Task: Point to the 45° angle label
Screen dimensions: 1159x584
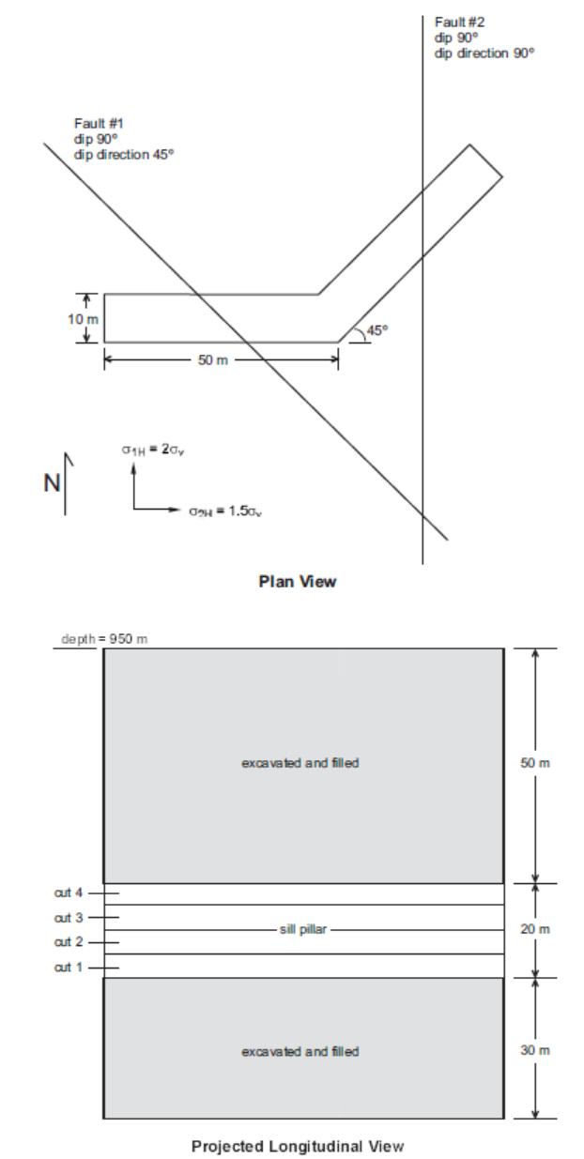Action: click(x=377, y=330)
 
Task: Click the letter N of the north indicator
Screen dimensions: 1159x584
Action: click(x=52, y=484)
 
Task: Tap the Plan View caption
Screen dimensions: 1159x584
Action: click(x=297, y=582)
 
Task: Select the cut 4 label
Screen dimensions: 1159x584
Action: click(x=73, y=892)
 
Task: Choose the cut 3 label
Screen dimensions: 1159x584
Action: click(x=73, y=916)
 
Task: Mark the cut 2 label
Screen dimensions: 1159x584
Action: click(x=73, y=940)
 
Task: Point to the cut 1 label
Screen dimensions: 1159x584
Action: click(x=73, y=966)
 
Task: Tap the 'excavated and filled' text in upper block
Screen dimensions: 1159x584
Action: click(x=300, y=763)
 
